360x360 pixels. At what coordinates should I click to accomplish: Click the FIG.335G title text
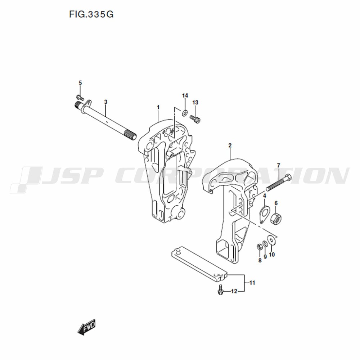(x=91, y=14)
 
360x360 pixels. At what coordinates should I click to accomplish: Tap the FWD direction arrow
(x=86, y=327)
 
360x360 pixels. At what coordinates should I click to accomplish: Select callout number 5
(x=80, y=83)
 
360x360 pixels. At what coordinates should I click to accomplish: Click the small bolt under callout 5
(x=80, y=98)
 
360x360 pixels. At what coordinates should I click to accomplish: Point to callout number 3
(x=105, y=102)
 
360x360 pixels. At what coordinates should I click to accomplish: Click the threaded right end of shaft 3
(x=131, y=135)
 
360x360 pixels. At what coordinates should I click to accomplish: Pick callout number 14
(x=185, y=95)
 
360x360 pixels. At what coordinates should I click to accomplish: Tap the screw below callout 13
(x=195, y=120)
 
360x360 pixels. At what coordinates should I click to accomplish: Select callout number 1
(x=158, y=107)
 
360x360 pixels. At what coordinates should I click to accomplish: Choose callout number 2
(x=230, y=145)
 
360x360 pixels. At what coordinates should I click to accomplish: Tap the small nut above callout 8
(x=260, y=247)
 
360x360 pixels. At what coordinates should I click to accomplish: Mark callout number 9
(x=265, y=257)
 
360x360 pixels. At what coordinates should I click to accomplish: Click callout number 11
(x=252, y=283)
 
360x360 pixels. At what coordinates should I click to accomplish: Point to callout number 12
(x=234, y=291)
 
